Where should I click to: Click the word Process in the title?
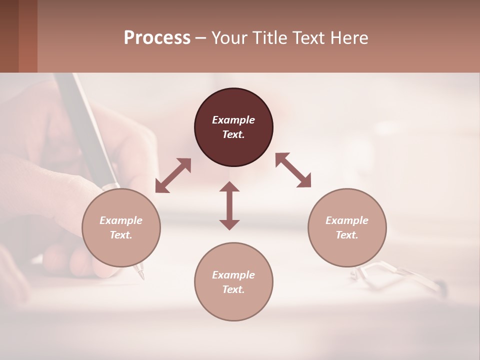157,38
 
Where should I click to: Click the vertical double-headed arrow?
229,205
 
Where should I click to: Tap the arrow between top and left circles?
173,175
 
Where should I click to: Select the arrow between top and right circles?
293,170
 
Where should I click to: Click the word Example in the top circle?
233,120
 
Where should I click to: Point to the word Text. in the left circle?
121,235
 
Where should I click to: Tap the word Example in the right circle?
347,220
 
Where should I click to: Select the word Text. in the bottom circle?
233,289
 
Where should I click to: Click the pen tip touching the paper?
140,274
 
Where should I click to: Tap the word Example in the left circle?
121,220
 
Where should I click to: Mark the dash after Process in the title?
200,38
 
